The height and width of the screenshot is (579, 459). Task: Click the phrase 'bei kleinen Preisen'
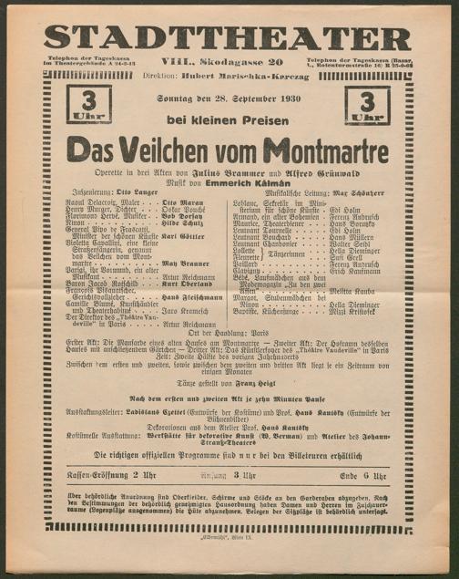point(230,120)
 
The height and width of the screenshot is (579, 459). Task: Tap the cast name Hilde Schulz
point(182,222)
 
